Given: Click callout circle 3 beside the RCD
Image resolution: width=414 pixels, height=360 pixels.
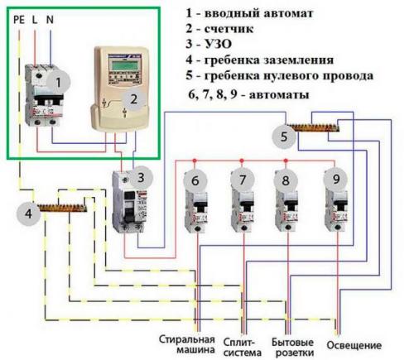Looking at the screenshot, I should click(144, 177).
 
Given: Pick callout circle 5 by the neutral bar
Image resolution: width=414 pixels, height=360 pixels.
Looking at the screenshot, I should click(284, 136).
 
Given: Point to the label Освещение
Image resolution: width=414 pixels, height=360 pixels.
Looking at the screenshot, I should click(354, 344).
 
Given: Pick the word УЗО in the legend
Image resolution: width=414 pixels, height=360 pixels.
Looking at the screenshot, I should click(242, 46).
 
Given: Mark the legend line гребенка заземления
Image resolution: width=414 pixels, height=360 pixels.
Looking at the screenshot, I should click(282, 61).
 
